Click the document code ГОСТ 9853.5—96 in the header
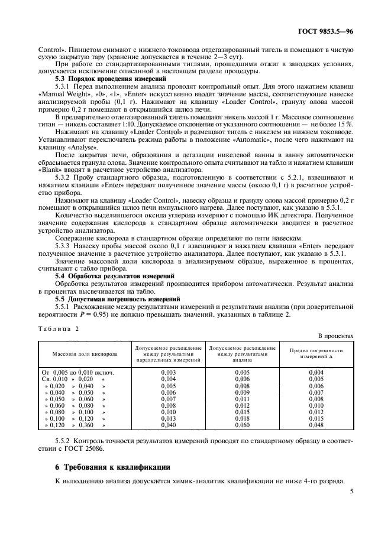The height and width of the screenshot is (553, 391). point(329,31)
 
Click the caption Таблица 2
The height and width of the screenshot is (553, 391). point(58,328)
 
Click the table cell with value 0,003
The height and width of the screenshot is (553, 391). point(169,372)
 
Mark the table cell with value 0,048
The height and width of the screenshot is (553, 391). point(316,424)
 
